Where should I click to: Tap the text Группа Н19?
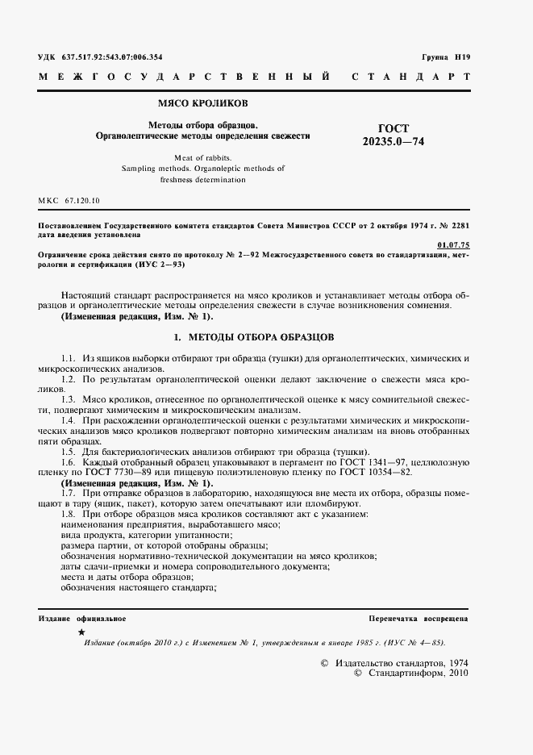(x=445, y=57)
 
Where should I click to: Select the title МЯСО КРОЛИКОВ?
(x=202, y=104)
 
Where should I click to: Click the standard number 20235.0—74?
(x=393, y=142)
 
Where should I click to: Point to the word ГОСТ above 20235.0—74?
(x=393, y=128)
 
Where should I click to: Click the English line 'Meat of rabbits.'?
(x=202, y=156)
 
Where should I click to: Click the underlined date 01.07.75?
(x=453, y=244)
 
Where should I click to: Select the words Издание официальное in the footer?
(x=81, y=618)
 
